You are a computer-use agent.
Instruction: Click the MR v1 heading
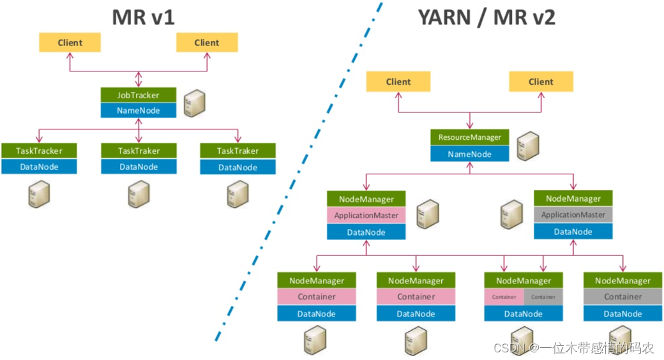(x=143, y=17)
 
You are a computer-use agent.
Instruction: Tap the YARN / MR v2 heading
(x=487, y=17)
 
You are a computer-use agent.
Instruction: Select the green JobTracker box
(x=139, y=94)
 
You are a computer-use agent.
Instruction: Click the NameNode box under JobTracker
(x=139, y=110)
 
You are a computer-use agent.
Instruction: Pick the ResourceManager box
(x=470, y=137)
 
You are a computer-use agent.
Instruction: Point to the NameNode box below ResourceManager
(x=470, y=154)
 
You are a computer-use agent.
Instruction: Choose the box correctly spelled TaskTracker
(x=39, y=151)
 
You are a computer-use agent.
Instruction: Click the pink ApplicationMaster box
(x=366, y=215)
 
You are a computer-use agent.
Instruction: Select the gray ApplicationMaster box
(x=573, y=215)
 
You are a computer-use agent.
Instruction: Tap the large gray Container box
(x=622, y=297)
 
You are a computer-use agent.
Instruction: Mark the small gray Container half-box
(x=543, y=297)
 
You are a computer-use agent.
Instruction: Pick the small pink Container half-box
(x=504, y=297)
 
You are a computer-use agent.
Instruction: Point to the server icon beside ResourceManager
(x=525, y=146)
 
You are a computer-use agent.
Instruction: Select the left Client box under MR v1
(x=70, y=43)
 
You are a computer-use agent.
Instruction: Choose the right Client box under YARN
(x=541, y=82)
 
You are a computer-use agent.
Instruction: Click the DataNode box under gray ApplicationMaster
(x=573, y=232)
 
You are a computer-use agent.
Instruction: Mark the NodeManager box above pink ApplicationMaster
(x=366, y=199)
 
